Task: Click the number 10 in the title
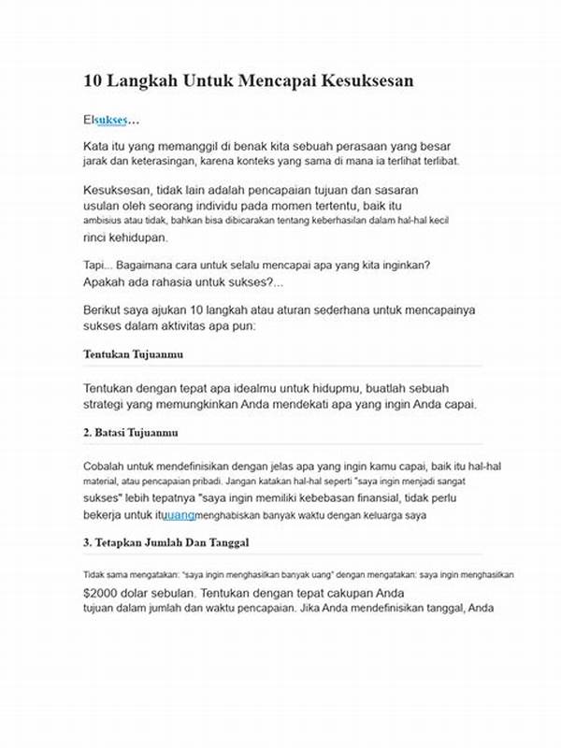[x=93, y=81]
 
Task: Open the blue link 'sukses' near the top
[x=111, y=121]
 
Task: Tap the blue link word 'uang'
[x=180, y=515]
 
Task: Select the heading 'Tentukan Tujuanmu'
[x=133, y=354]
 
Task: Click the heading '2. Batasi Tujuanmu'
[x=131, y=433]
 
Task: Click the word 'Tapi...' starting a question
[x=97, y=266]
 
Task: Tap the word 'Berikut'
[x=106, y=309]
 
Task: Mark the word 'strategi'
[x=108, y=405]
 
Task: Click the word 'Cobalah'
[x=105, y=465]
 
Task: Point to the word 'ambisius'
[x=104, y=220]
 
